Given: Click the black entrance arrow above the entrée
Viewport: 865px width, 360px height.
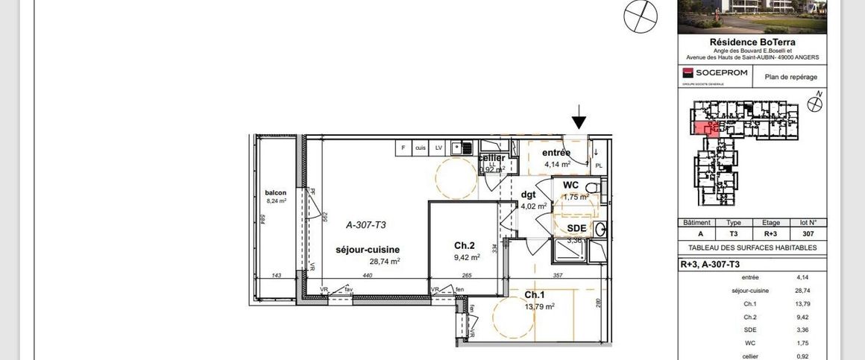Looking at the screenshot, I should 579,119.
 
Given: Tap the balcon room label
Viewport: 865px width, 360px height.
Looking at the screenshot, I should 275,193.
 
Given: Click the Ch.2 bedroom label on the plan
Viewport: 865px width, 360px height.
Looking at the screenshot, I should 465,245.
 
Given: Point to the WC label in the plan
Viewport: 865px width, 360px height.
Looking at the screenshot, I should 571,185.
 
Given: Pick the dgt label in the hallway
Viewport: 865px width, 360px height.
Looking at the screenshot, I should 529,195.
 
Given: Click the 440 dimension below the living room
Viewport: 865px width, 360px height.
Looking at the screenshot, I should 367,275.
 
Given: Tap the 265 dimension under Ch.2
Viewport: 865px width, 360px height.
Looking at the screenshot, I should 468,275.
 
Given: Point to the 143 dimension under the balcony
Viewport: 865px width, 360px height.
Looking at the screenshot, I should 277,275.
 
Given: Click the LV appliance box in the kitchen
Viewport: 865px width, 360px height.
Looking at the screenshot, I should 438,148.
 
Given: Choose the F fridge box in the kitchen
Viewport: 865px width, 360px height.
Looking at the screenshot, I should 403,148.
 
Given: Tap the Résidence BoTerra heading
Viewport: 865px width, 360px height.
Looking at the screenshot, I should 752,42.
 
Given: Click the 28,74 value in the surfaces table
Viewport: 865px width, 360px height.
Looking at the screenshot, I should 802,291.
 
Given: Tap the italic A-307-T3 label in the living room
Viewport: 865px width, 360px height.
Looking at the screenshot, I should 365,224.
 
